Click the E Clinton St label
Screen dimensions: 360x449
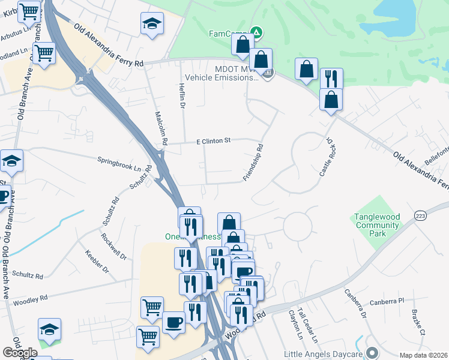pos(214,141)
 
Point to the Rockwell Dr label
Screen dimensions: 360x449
pos(115,246)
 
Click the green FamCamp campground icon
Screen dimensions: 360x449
pos(256,32)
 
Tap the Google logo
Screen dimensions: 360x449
pos(20,352)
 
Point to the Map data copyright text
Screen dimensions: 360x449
pos(423,355)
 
